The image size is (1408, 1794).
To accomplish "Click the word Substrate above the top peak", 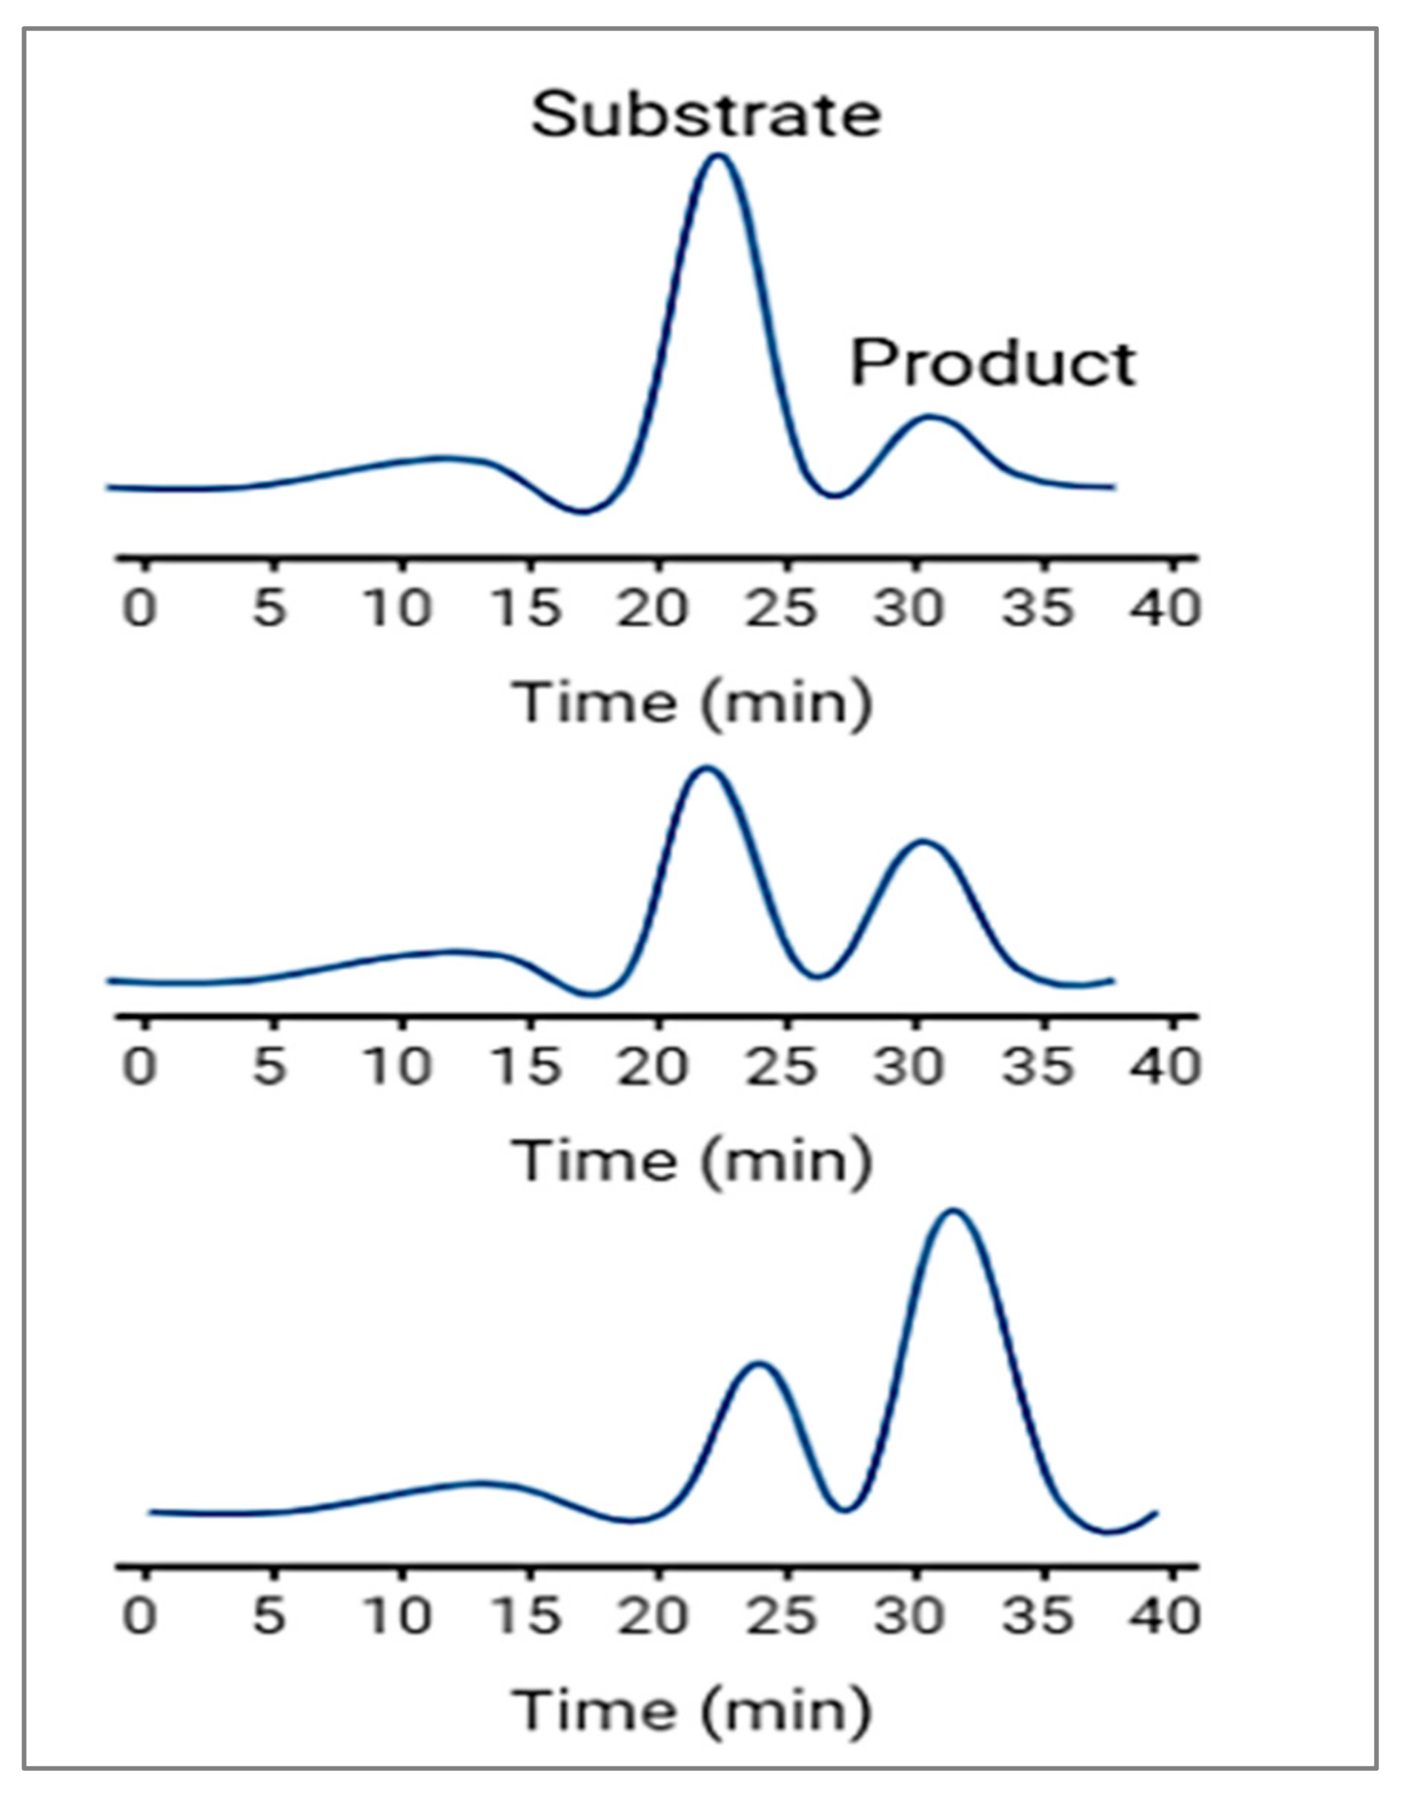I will point(706,116).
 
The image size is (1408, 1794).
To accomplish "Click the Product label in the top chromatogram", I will point(993,363).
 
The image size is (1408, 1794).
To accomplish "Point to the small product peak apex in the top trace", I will point(931,417).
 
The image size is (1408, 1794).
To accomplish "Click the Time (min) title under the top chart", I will point(692,703).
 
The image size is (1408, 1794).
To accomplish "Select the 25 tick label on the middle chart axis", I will point(780,1067).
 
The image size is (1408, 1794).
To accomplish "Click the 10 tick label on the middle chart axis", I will point(397,1067).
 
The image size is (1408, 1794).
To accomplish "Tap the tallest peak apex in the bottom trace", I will point(954,1211).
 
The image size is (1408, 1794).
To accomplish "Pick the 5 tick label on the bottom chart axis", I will point(270,1615).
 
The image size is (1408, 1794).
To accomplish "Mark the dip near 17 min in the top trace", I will point(582,512).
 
